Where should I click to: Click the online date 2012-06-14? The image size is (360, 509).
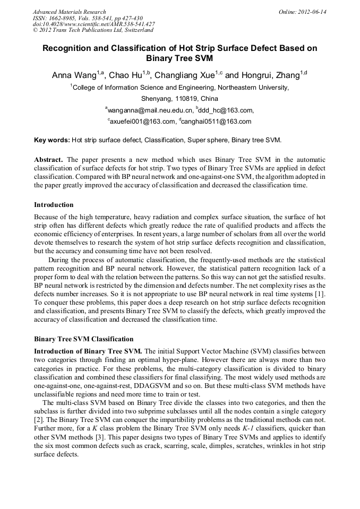tap(302, 12)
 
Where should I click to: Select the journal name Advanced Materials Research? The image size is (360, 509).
tap(69, 12)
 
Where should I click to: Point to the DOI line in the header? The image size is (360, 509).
tap(93, 24)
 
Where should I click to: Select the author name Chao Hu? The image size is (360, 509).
tap(126, 75)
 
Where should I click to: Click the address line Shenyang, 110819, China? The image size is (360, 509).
tap(179, 99)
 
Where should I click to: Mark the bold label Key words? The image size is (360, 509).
tap(52, 140)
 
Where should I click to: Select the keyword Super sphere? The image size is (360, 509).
tap(205, 140)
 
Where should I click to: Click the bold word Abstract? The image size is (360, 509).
tap(49, 160)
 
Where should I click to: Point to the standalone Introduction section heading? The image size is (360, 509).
tap(54, 205)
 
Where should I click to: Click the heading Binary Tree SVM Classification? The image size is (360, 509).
tap(84, 339)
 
